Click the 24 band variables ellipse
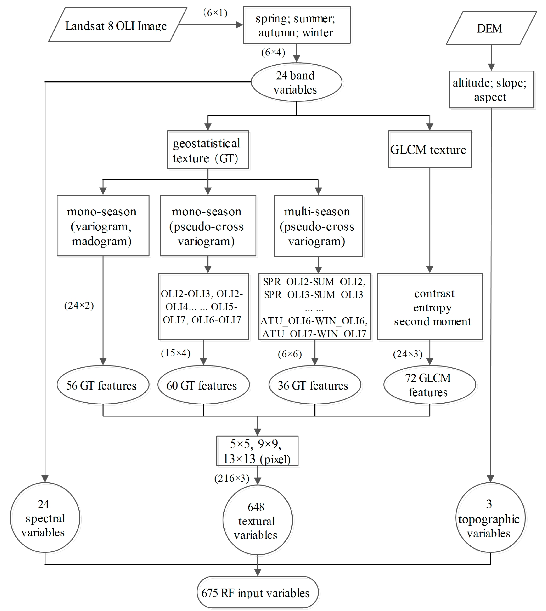tap(296, 82)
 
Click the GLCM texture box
tap(429, 149)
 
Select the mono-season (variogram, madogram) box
tap(103, 226)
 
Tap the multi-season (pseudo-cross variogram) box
tap(318, 226)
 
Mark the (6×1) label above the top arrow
tap(215, 13)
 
